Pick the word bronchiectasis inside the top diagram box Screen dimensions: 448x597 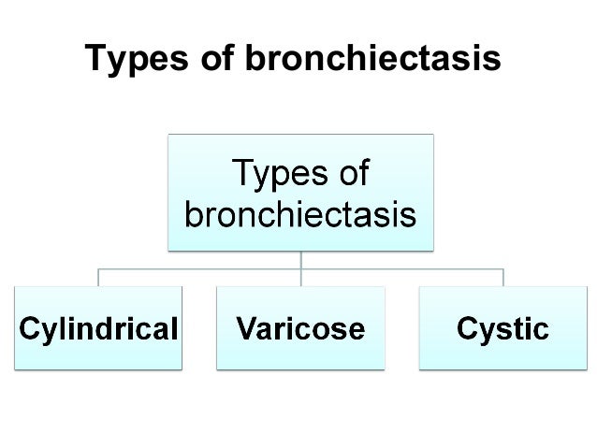click(300, 215)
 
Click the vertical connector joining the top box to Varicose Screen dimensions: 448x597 click(300, 260)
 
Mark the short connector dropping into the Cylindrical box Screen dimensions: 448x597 click(98, 279)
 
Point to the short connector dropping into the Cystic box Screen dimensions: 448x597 click(503, 279)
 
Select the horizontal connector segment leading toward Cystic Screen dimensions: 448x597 click(402, 270)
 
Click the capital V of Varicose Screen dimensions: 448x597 click(246, 328)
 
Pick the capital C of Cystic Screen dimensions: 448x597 click(466, 328)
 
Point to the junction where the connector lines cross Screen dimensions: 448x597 click(300, 270)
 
